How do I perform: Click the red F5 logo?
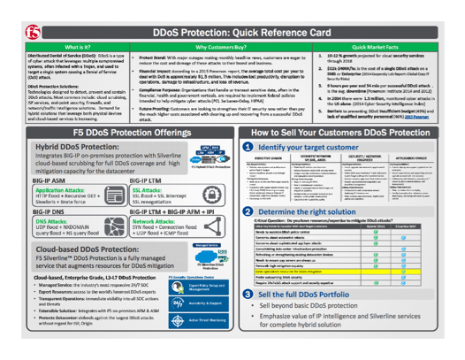point(16,19)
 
